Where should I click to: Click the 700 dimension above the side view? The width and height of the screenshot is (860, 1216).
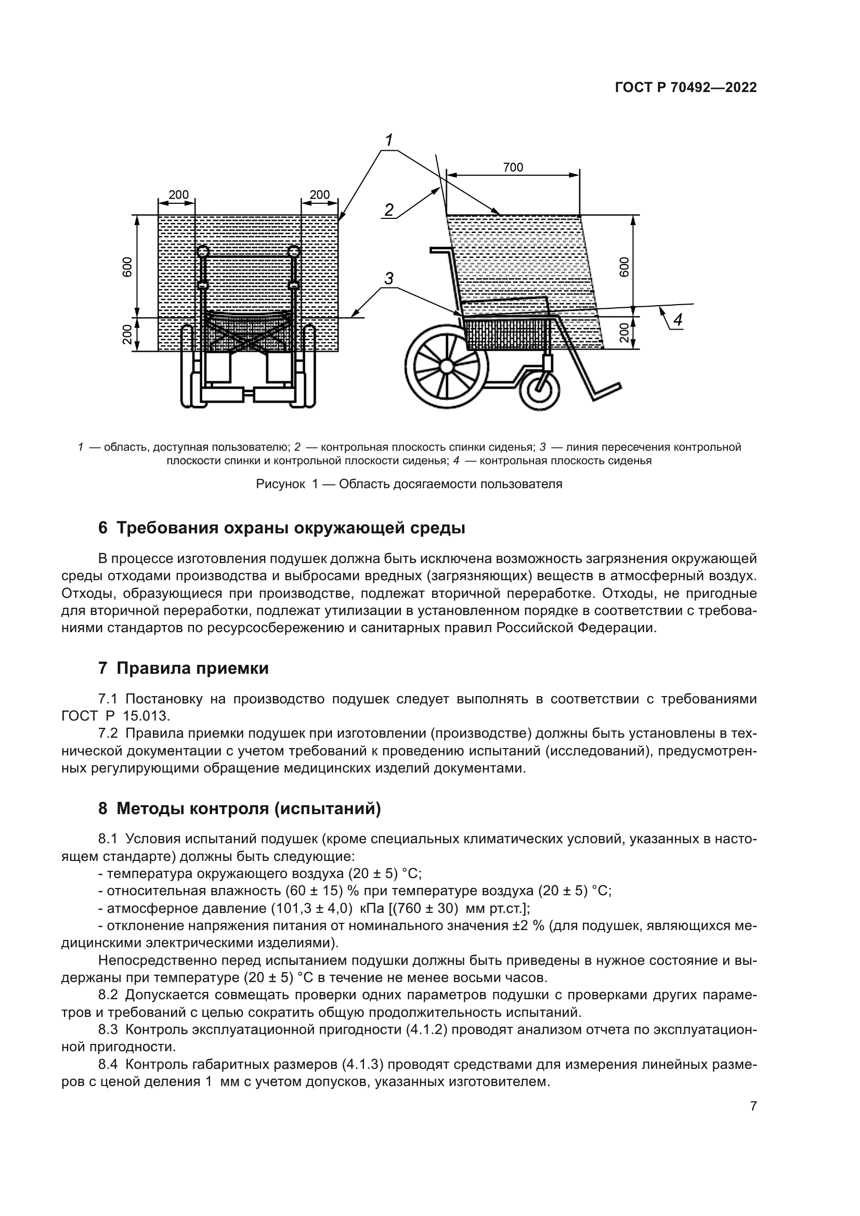pyautogui.click(x=513, y=167)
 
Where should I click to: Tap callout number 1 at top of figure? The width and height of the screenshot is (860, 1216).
pyautogui.click(x=389, y=140)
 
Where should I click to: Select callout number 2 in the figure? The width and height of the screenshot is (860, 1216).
pyautogui.click(x=389, y=210)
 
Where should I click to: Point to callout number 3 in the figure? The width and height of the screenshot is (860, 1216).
pyautogui.click(x=389, y=279)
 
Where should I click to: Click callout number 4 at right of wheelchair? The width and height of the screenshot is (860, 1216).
pyautogui.click(x=677, y=320)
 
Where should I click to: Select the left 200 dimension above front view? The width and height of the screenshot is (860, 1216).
pyautogui.click(x=178, y=195)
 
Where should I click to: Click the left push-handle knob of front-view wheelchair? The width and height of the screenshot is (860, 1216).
pyautogui.click(x=203, y=251)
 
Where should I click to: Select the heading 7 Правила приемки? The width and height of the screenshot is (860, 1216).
pyautogui.click(x=183, y=669)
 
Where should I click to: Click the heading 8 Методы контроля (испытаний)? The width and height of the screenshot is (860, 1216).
pyautogui.click(x=239, y=809)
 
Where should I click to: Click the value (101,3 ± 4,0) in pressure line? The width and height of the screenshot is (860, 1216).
pyautogui.click(x=312, y=909)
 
